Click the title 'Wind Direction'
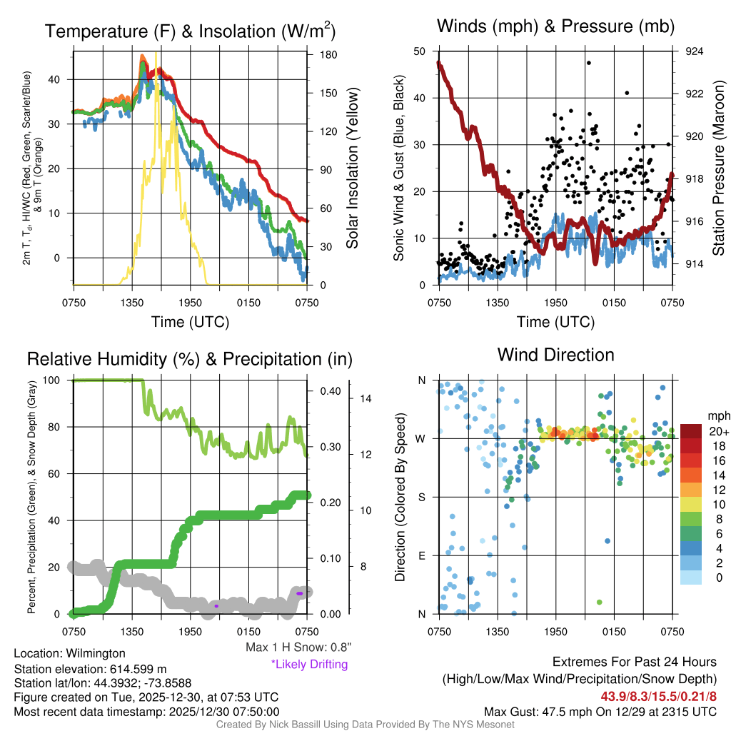[555, 355]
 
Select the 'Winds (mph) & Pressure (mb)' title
[555, 26]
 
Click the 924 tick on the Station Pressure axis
[693, 51]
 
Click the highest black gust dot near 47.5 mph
[589, 63]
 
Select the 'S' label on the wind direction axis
[421, 498]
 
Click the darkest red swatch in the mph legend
[690, 431]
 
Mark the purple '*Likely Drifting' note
[309, 665]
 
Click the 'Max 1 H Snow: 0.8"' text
[298, 647]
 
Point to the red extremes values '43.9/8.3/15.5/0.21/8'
[658, 697]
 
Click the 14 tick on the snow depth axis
[365, 398]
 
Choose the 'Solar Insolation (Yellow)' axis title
[352, 168]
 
